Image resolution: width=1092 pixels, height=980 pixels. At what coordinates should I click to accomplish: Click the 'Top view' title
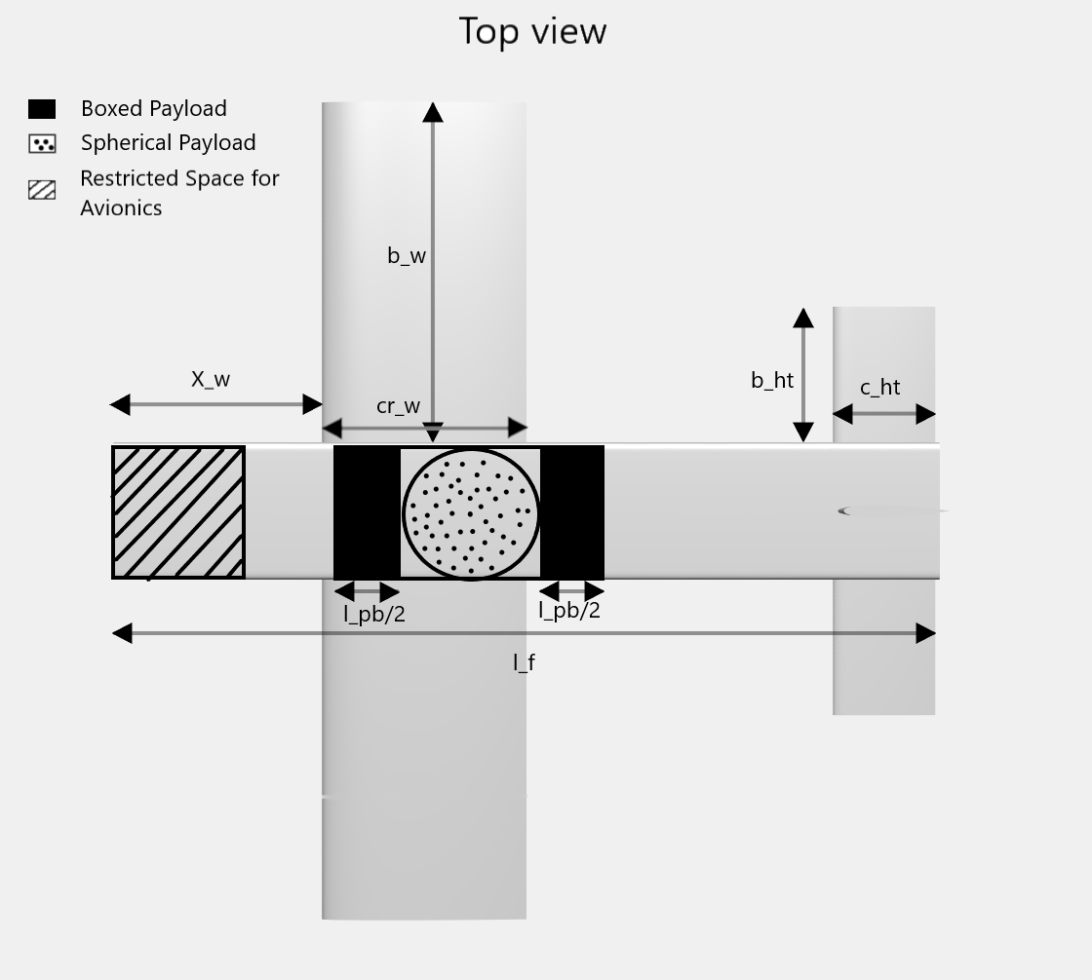coord(532,31)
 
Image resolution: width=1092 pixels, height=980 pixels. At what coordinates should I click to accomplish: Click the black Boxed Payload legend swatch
coord(42,109)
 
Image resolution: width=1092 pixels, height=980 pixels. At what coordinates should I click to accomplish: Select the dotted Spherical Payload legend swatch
coord(42,144)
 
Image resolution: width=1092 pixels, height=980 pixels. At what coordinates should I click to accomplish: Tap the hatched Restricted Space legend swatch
coord(42,190)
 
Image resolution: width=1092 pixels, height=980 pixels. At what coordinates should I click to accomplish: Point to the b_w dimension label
coord(407,256)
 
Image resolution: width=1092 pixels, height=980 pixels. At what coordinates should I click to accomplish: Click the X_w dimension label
coord(211,380)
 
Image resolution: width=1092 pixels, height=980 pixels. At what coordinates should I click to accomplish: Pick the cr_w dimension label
coord(398,406)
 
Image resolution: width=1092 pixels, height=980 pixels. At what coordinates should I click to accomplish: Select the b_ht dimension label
coord(772,381)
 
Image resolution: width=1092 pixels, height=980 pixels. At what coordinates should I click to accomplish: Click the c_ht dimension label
coord(879,388)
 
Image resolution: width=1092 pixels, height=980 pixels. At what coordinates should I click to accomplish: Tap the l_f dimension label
coord(524,663)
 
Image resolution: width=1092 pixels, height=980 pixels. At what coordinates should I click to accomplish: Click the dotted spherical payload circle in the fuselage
coord(471,513)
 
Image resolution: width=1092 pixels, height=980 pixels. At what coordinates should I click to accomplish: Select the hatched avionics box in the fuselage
coord(178,512)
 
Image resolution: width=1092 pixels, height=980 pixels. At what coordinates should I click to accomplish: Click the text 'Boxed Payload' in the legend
coord(153,108)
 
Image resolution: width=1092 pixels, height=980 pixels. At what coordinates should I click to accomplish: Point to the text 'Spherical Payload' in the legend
coord(168,143)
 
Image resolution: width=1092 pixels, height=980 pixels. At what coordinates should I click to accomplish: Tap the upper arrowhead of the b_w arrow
coord(433,112)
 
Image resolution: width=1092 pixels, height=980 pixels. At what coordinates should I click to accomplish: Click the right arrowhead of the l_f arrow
coord(926,634)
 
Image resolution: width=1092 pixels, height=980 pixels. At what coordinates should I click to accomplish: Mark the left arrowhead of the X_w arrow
coord(120,404)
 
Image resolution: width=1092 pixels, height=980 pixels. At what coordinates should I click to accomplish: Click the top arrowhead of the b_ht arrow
coord(803,318)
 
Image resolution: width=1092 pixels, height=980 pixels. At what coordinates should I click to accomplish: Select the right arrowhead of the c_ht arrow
coord(926,414)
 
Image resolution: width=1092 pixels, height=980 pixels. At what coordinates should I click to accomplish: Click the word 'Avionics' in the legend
coord(121,207)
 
